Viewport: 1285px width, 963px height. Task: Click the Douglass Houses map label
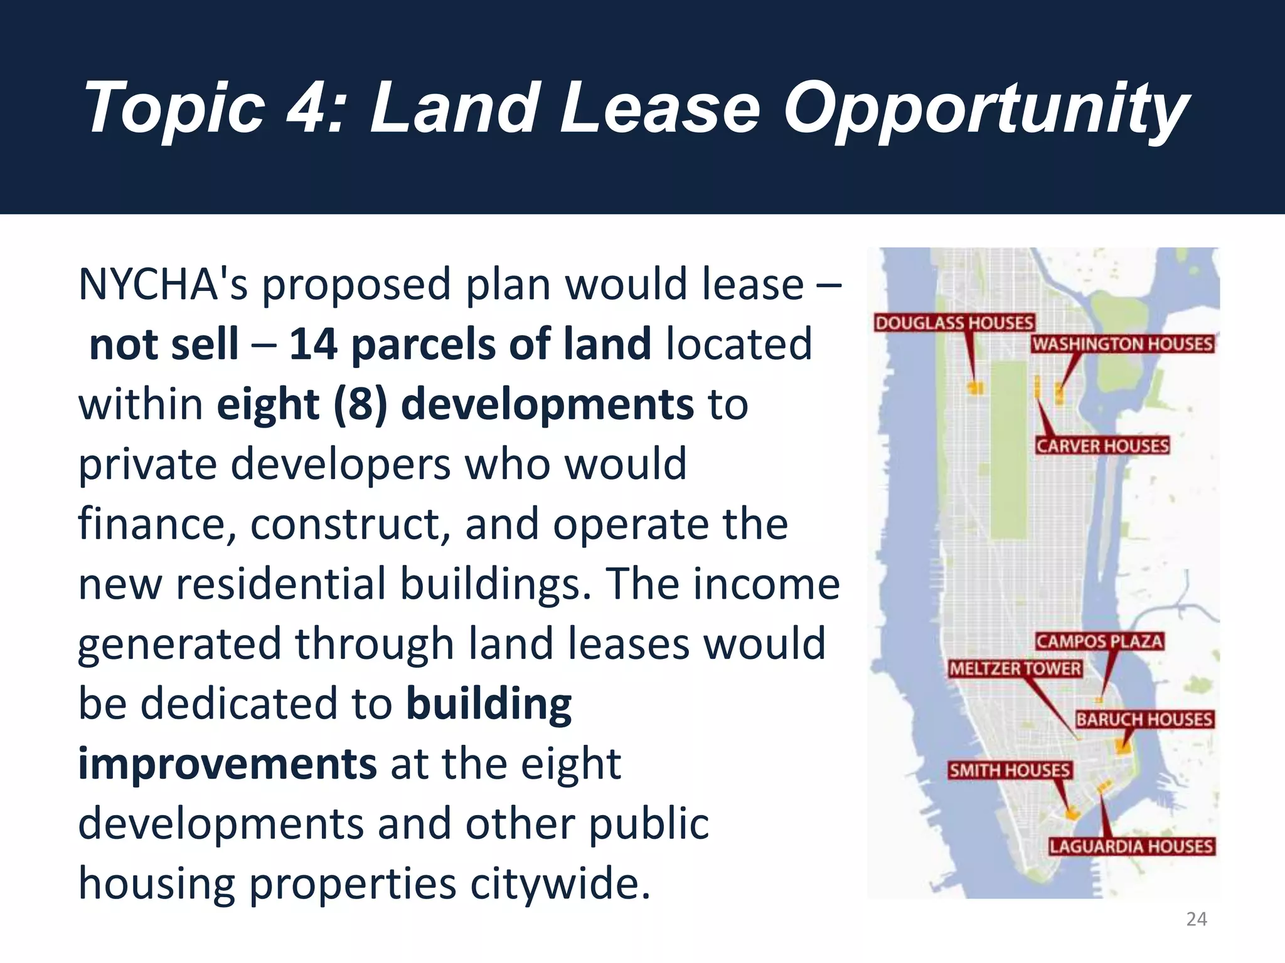[x=954, y=323]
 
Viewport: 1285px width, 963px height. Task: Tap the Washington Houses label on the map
[x=1122, y=344]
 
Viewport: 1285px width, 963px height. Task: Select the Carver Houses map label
[x=1102, y=446]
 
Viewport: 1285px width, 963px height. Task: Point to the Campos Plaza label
[x=1099, y=641]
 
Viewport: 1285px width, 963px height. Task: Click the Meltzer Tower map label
[x=1015, y=669]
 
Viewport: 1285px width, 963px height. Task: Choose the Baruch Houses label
[x=1144, y=719]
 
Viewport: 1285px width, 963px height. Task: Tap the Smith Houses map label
[x=1009, y=771]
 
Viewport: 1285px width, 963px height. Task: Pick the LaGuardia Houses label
[x=1132, y=846]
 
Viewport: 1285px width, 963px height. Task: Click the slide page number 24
[x=1197, y=919]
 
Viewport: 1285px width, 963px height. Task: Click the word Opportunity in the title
[x=985, y=110]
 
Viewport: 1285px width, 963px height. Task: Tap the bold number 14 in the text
[x=313, y=344]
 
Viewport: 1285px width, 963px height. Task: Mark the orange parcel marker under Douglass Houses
[x=975, y=388]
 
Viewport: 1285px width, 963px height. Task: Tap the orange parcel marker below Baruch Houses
[x=1122, y=745]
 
